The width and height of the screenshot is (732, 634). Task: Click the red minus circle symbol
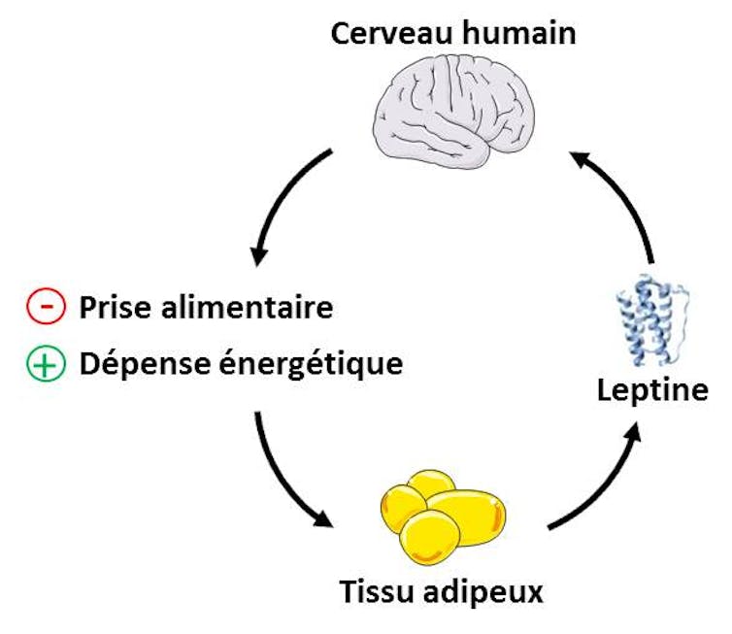(46, 307)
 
